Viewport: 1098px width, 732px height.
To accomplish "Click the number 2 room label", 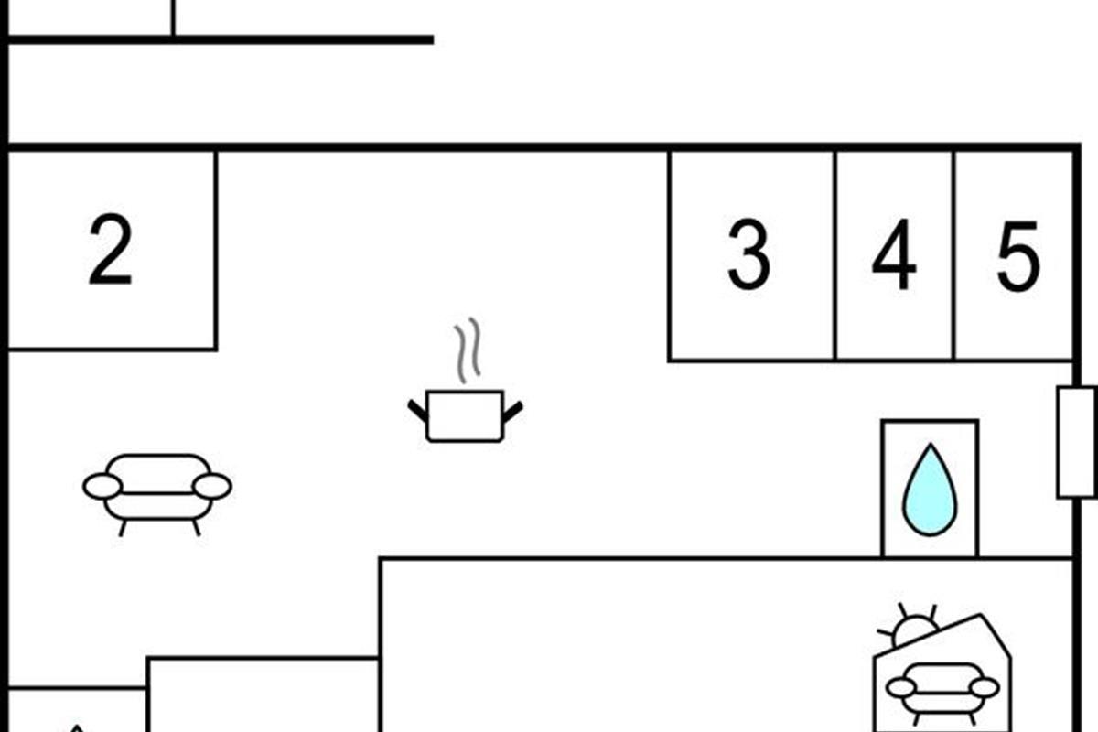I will click(111, 249).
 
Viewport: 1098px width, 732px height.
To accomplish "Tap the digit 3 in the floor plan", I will click(748, 256).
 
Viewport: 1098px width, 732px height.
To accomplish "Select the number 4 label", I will click(893, 256).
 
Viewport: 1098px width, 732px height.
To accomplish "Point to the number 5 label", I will click(1017, 256).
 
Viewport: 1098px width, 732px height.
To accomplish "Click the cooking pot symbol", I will click(465, 416).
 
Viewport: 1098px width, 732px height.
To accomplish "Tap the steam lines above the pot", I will click(468, 350).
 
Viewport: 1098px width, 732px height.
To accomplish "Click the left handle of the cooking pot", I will click(418, 410).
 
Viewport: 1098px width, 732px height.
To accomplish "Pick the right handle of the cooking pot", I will click(512, 410).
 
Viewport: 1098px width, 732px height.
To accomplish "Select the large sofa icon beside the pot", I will click(157, 488).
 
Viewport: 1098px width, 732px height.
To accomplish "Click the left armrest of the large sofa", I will click(102, 487).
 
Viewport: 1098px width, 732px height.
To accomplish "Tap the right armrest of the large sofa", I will click(212, 487).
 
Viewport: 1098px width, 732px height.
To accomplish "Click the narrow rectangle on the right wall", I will click(1076, 442).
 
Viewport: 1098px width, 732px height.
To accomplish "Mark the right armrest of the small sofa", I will click(984, 687).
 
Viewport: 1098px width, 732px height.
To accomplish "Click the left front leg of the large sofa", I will click(123, 527).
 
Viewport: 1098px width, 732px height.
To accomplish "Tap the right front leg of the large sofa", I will click(196, 527).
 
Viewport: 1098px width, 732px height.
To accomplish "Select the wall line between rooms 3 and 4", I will click(834, 256).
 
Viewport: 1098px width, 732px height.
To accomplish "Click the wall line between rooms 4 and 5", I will click(954, 256).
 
